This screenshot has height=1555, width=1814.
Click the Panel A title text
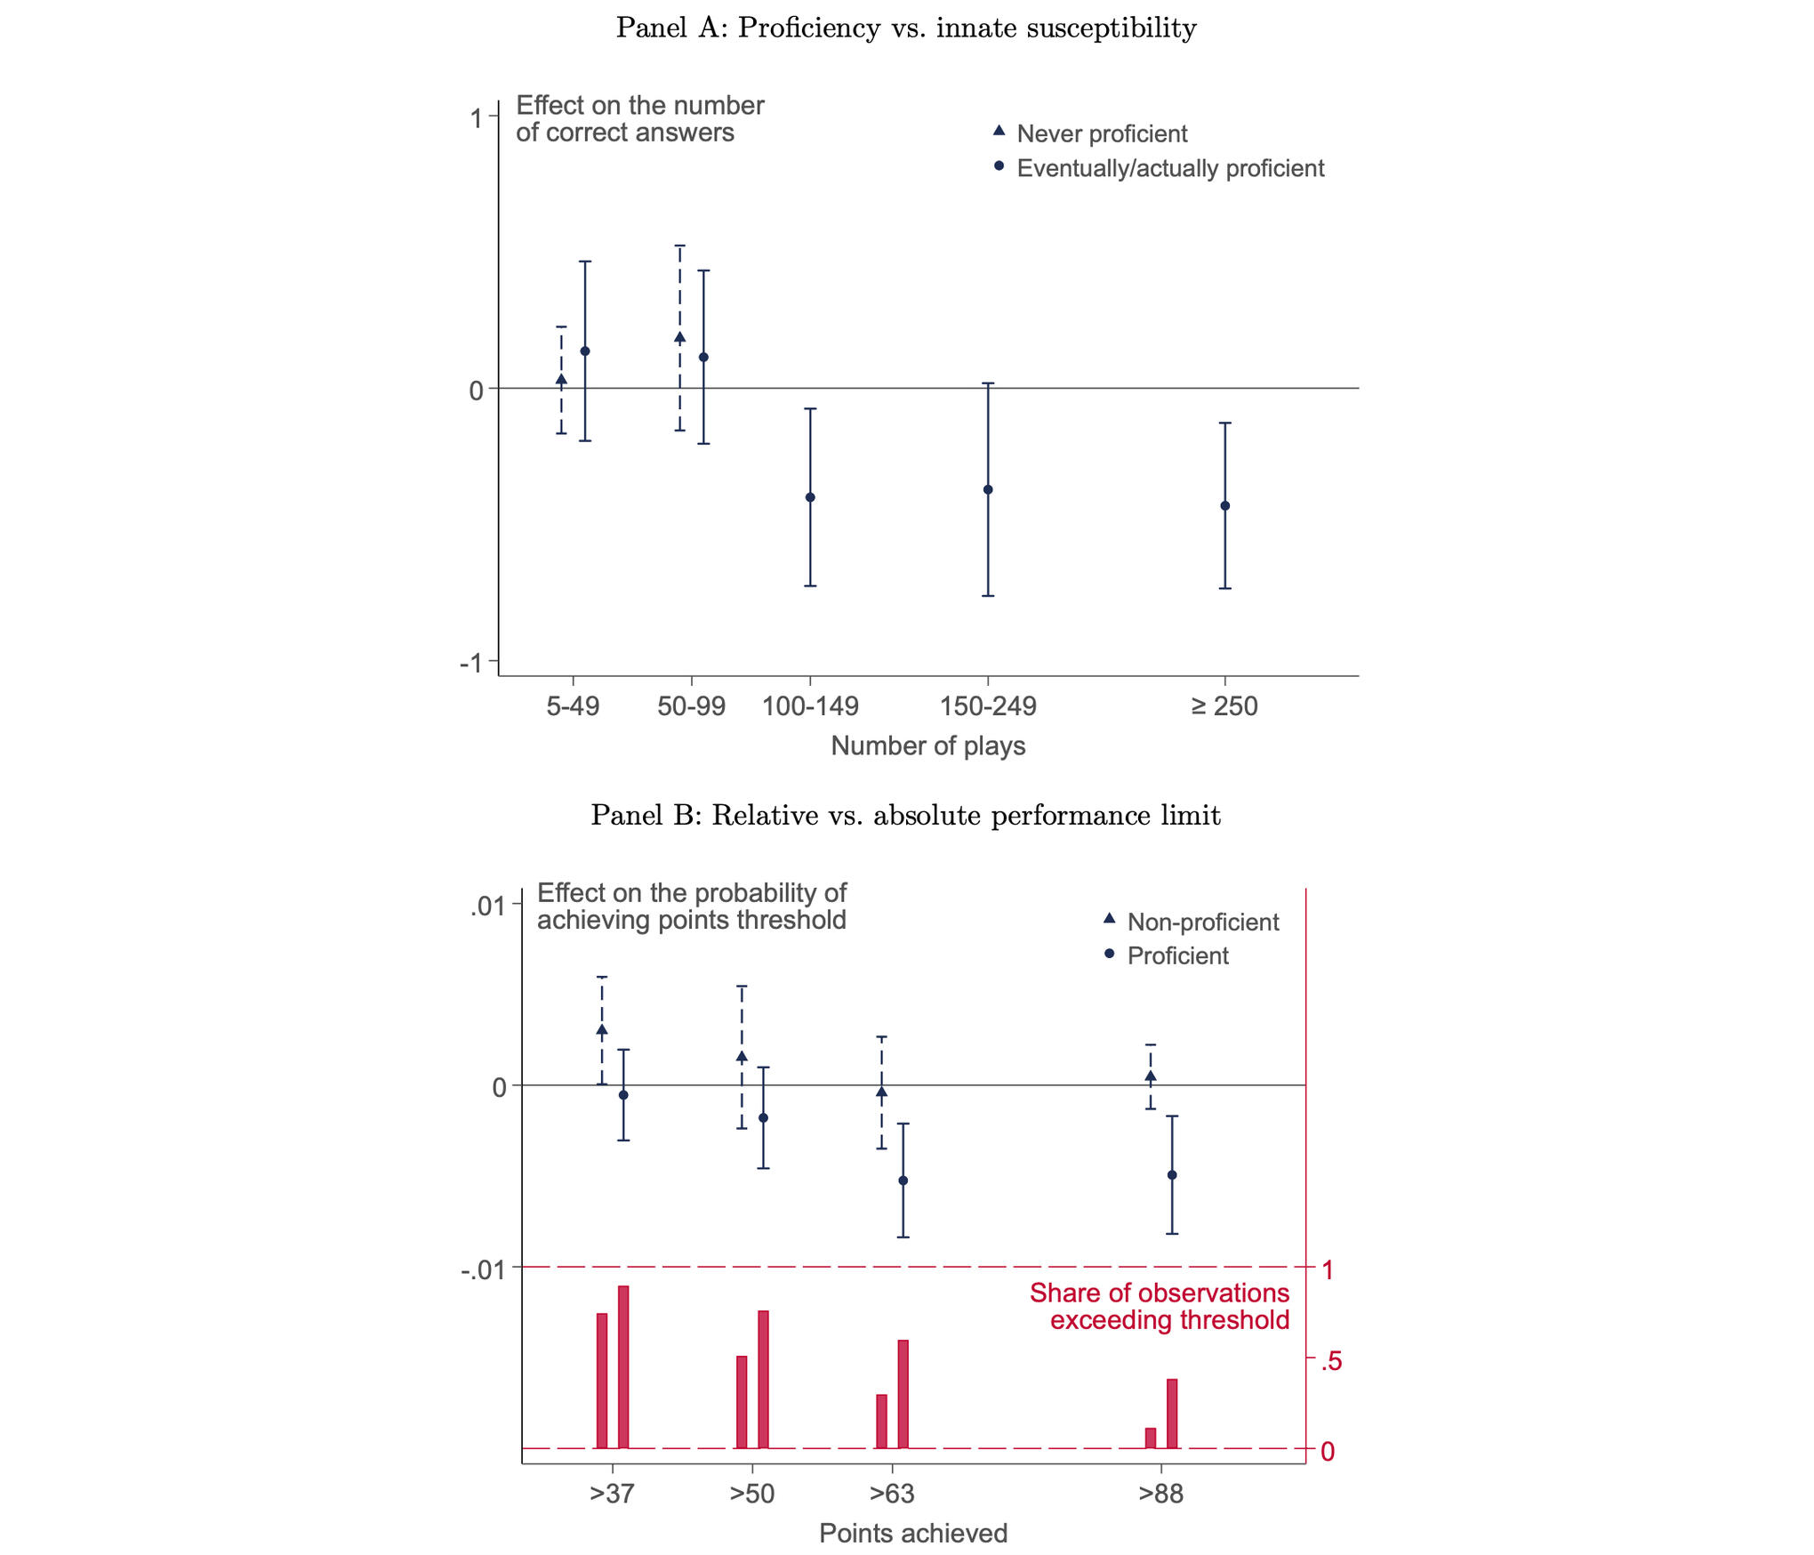point(906,28)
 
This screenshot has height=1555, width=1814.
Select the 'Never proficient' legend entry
point(1101,133)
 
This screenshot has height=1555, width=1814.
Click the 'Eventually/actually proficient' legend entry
point(1169,168)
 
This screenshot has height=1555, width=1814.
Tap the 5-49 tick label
point(573,706)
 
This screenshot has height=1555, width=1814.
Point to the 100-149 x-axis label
point(810,706)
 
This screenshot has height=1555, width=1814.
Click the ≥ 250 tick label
point(1224,706)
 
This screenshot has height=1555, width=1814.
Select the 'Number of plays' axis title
point(927,745)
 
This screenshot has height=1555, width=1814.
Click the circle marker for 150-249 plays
point(988,489)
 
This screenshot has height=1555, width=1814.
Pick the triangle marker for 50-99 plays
point(680,337)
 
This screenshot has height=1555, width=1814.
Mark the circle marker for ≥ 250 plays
point(1224,505)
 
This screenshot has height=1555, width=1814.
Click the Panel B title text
point(905,816)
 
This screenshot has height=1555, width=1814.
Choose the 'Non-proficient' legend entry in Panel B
point(1202,922)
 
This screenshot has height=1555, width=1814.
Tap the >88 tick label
point(1160,1494)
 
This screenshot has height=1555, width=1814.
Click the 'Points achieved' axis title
point(913,1533)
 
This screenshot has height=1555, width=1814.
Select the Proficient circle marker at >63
point(903,1180)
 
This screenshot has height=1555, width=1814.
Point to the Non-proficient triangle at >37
point(602,1030)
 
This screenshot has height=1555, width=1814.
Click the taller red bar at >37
point(623,1367)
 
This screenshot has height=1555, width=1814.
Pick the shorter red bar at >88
point(1151,1438)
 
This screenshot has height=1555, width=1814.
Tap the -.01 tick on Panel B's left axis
point(482,1269)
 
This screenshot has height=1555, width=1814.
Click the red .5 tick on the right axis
point(1330,1361)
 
